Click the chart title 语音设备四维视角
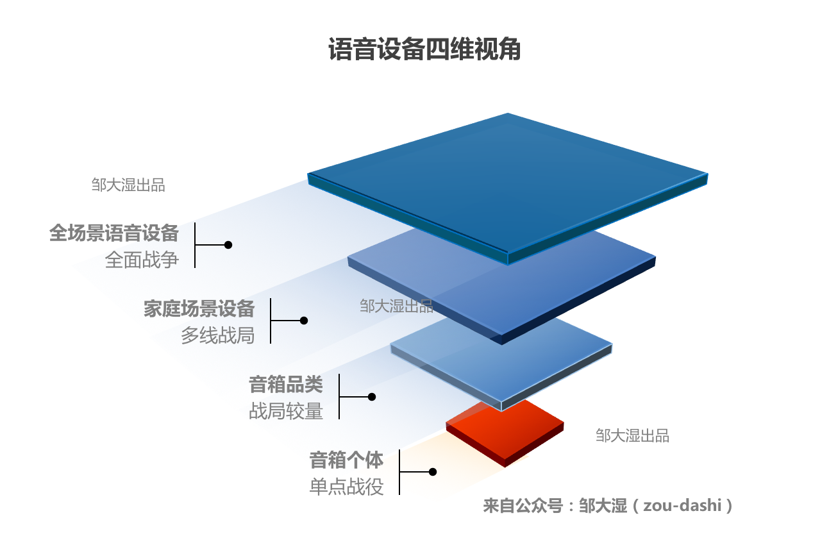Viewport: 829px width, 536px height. point(424,49)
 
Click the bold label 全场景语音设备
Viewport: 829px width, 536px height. point(114,233)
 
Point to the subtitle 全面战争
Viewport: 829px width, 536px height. point(142,260)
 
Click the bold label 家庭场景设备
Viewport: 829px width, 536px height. point(199,309)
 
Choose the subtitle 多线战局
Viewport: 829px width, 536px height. point(217,335)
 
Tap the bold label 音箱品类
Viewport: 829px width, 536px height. point(286,384)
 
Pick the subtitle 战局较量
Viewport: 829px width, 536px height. point(286,411)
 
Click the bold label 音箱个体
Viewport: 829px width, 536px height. point(346,460)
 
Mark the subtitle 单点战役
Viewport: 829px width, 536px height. point(346,487)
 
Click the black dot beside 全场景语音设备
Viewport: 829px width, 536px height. point(228,245)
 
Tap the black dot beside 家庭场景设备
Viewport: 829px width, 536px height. point(304,321)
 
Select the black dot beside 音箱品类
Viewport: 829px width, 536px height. point(372,397)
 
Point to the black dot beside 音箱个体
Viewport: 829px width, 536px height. point(433,472)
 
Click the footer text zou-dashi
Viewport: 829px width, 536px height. point(682,506)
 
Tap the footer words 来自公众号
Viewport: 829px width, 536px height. point(523,506)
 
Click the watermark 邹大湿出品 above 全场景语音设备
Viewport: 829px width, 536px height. point(128,185)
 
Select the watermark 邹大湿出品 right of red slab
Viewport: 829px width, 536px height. point(632,436)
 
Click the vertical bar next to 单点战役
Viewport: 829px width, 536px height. point(399,473)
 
